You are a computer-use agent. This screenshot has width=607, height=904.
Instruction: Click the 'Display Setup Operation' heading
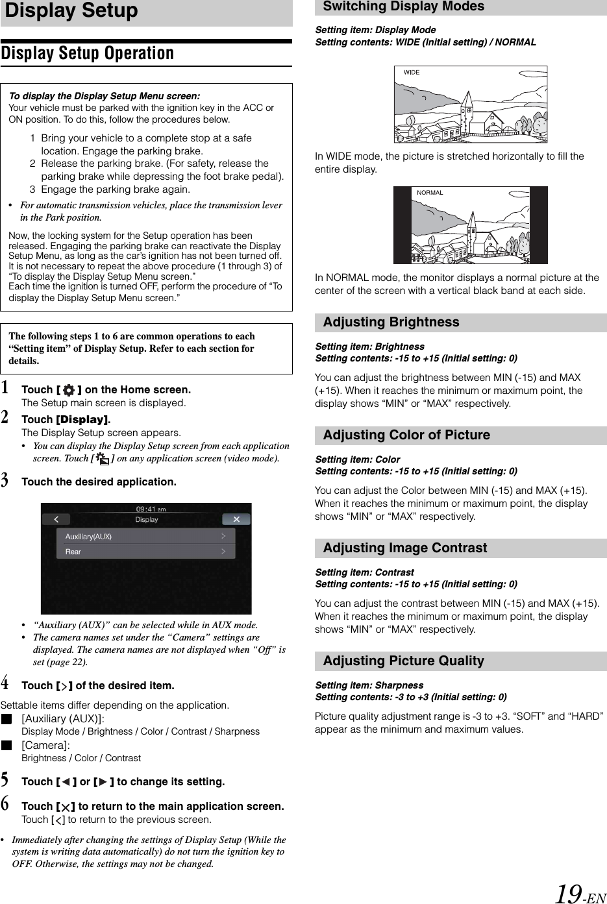[x=88, y=53]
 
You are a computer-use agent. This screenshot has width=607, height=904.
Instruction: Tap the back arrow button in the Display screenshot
[x=57, y=519]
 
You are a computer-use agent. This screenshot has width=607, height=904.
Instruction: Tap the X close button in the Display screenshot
[x=236, y=519]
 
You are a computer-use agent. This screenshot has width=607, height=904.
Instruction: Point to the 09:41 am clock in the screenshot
[x=151, y=509]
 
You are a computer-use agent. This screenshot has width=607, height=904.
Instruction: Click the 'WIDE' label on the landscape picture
[x=412, y=73]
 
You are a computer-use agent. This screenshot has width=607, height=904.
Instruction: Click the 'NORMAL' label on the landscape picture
[x=430, y=193]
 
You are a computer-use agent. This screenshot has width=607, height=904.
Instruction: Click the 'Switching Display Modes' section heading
[x=403, y=7]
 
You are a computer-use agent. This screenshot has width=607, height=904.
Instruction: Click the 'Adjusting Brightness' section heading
[x=391, y=323]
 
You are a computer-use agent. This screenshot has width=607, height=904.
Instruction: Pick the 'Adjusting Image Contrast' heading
[x=404, y=548]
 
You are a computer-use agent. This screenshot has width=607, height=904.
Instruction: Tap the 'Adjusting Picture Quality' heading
[x=403, y=661]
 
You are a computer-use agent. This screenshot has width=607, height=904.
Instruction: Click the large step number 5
[x=5, y=780]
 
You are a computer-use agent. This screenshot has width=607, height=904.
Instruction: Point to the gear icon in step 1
[x=69, y=390]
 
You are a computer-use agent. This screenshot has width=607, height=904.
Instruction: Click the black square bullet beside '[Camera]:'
[x=6, y=746]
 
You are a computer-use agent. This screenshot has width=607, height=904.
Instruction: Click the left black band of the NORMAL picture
[x=403, y=225]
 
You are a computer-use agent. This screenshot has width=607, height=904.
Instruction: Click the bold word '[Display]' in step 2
[x=82, y=420]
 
